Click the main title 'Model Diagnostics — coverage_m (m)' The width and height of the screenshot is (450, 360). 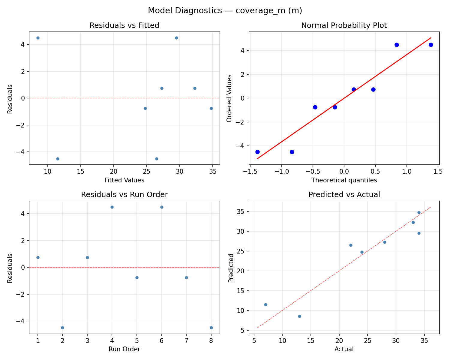pyautogui.click(x=225, y=11)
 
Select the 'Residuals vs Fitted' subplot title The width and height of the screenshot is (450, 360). pyautogui.click(x=124, y=25)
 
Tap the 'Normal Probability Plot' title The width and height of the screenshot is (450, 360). pyautogui.click(x=344, y=25)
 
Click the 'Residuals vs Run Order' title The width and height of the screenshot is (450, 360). pyautogui.click(x=124, y=195)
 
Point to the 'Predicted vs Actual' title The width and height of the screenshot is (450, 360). pyautogui.click(x=344, y=195)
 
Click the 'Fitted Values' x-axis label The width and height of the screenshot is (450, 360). pyautogui.click(x=124, y=180)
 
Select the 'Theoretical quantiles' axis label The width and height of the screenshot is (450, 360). pyautogui.click(x=344, y=180)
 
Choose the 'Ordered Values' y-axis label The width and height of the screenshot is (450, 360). pyautogui.click(x=229, y=98)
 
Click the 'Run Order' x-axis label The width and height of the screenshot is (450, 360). pyautogui.click(x=124, y=349)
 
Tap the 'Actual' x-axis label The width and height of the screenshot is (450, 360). pyautogui.click(x=344, y=349)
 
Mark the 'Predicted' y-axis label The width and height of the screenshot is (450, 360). pyautogui.click(x=231, y=268)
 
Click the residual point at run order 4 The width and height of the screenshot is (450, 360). pyautogui.click(x=112, y=207)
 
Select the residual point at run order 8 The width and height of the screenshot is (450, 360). pyautogui.click(x=211, y=328)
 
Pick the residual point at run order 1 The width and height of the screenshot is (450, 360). pyautogui.click(x=38, y=257)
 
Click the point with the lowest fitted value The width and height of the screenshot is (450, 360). pyautogui.click(x=38, y=38)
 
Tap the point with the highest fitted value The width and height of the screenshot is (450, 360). pyautogui.click(x=211, y=108)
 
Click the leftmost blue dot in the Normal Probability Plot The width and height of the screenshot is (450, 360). pyautogui.click(x=257, y=152)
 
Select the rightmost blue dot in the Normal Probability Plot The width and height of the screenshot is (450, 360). pyautogui.click(x=431, y=45)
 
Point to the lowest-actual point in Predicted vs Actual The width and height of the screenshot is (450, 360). pyautogui.click(x=265, y=304)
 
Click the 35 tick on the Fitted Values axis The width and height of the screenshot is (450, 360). pyautogui.click(x=213, y=171)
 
